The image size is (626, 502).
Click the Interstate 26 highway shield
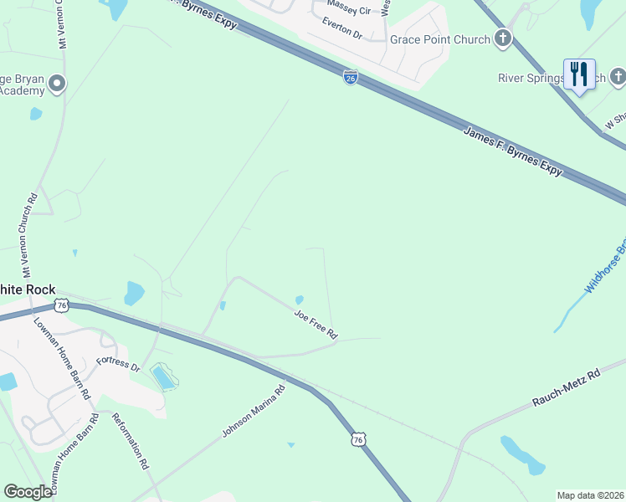click(x=351, y=78)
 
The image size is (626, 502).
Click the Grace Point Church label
click(x=439, y=39)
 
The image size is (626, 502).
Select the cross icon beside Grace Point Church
click(x=502, y=38)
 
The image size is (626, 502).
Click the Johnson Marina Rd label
click(x=254, y=410)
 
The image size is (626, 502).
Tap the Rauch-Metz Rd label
click(x=567, y=390)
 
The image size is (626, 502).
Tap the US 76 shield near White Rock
click(x=61, y=305)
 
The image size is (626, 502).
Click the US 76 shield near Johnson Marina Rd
click(x=359, y=439)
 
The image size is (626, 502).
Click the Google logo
click(x=28, y=492)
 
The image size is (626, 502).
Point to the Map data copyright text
click(x=589, y=495)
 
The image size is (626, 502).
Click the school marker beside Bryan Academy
click(x=57, y=83)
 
